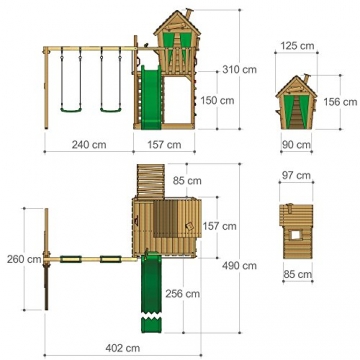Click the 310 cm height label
(240, 70)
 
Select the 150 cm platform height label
(217, 100)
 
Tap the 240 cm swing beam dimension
(89, 145)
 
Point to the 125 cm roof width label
(297, 46)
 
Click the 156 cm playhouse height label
(340, 102)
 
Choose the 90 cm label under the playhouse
(297, 145)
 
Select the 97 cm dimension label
(296, 175)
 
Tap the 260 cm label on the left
(24, 259)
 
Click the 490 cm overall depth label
(240, 266)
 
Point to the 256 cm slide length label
(183, 294)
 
